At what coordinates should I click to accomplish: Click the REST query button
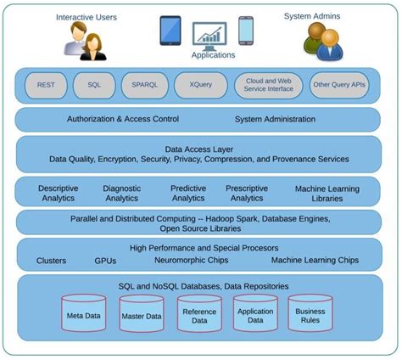[x=46, y=85]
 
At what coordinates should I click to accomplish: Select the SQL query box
[x=93, y=85]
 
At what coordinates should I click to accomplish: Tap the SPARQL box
[x=143, y=85]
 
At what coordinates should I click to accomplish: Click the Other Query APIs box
[x=339, y=85]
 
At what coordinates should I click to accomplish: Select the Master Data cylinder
[x=141, y=314]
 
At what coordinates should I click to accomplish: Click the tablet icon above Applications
[x=170, y=30]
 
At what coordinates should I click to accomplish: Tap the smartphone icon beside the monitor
[x=246, y=30]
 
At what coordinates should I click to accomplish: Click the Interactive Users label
[x=87, y=16]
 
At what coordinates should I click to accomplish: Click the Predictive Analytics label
[x=188, y=193]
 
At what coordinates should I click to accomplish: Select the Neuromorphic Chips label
[x=190, y=261]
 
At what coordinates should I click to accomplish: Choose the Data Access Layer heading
[x=199, y=149]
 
